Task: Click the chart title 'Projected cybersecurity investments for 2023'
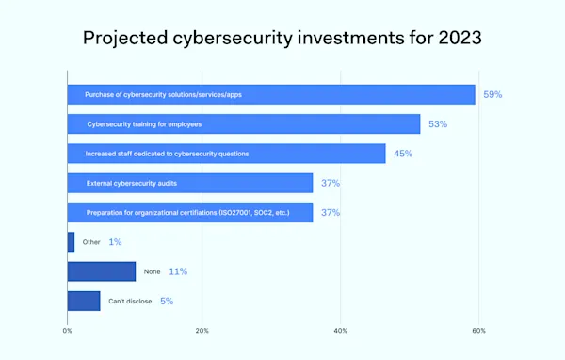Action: [x=282, y=39]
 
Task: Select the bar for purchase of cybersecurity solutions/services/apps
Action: [x=270, y=94]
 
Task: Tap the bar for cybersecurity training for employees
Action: [x=243, y=123]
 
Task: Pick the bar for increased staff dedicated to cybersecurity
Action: [x=226, y=154]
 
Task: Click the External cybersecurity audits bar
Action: [x=189, y=183]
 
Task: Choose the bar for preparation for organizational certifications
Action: [x=189, y=213]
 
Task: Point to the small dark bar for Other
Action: [x=71, y=242]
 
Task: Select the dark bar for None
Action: [x=102, y=271]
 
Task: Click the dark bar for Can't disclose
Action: [x=84, y=301]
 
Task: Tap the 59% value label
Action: [x=492, y=95]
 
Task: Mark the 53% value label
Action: [x=439, y=124]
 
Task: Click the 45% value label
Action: [x=403, y=154]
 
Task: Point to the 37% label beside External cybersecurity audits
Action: [x=330, y=183]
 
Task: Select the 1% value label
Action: [x=115, y=242]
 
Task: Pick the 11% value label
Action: [x=177, y=271]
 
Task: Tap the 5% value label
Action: [x=166, y=301]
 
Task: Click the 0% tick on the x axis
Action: [x=68, y=331]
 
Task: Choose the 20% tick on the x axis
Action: [x=202, y=331]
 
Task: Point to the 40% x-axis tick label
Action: [x=341, y=331]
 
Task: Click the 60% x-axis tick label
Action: [x=478, y=331]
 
